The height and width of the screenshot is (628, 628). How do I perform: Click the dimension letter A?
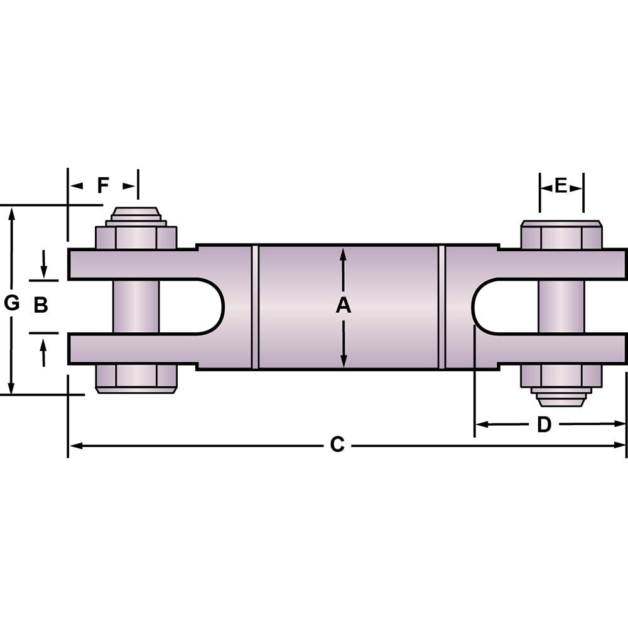[x=343, y=306]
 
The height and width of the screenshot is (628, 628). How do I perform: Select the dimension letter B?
[x=41, y=305]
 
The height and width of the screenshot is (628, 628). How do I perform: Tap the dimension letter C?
[x=337, y=445]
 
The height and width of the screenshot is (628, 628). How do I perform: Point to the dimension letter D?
[x=544, y=425]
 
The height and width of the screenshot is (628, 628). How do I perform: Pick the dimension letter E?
[x=561, y=185]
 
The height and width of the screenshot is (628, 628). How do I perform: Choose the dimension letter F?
[x=103, y=186]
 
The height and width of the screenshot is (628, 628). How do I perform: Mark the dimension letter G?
[x=11, y=304]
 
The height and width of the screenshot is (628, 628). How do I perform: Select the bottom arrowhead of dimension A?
[x=344, y=362]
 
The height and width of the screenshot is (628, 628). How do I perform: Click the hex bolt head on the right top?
[x=561, y=235]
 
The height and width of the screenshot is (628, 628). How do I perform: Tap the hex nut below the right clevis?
[x=561, y=377]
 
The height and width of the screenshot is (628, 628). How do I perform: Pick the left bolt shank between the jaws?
[x=136, y=306]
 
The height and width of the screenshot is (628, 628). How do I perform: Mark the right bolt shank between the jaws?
[x=561, y=306]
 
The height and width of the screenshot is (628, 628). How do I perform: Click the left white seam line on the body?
[x=255, y=306]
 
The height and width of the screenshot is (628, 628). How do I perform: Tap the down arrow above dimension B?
[x=43, y=267]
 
